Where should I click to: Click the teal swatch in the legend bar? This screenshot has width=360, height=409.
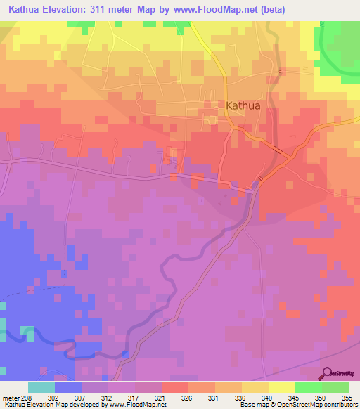(x=41, y=388)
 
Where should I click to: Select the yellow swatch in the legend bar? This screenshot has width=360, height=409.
(x=281, y=388)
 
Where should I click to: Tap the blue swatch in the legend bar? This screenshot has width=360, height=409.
(x=68, y=388)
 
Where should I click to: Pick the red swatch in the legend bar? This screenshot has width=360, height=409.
(x=174, y=388)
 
